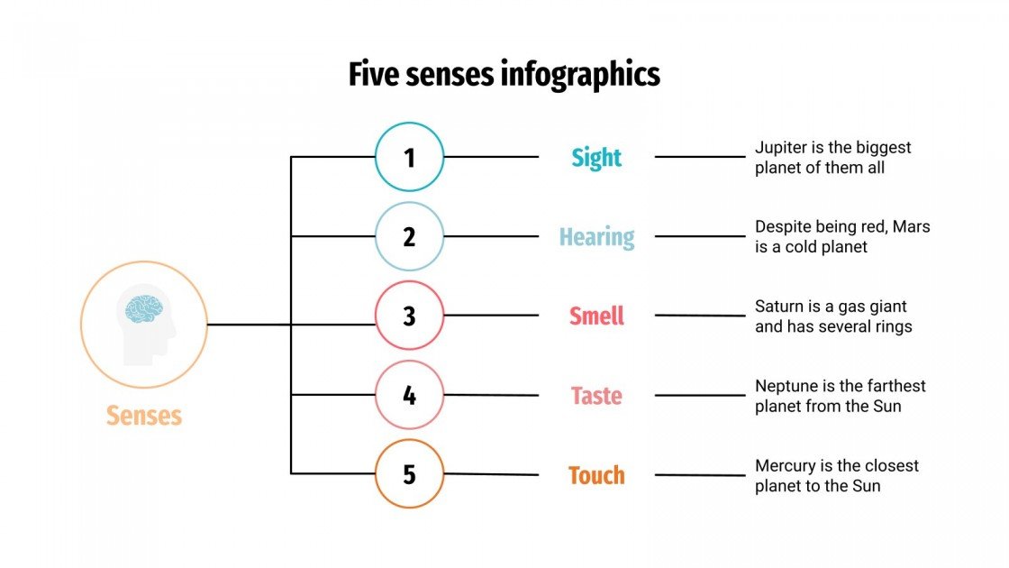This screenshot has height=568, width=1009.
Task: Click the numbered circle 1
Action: tap(410, 158)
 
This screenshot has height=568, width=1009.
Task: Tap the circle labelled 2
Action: tap(410, 237)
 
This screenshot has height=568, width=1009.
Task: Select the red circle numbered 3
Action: tap(410, 316)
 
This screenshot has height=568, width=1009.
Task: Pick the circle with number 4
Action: tap(410, 395)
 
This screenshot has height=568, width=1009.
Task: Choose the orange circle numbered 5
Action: tap(410, 474)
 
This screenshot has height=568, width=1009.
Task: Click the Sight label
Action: tap(596, 159)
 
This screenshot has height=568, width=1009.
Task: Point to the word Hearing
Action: tap(596, 238)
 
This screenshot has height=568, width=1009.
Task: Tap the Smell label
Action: tap(596, 316)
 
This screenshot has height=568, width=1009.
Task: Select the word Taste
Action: tap(596, 396)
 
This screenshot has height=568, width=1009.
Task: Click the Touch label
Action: tap(596, 475)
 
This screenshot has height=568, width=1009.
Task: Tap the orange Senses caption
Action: tap(144, 416)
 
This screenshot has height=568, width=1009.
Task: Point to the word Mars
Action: tap(912, 227)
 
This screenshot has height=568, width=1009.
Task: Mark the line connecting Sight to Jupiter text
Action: tap(700, 157)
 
